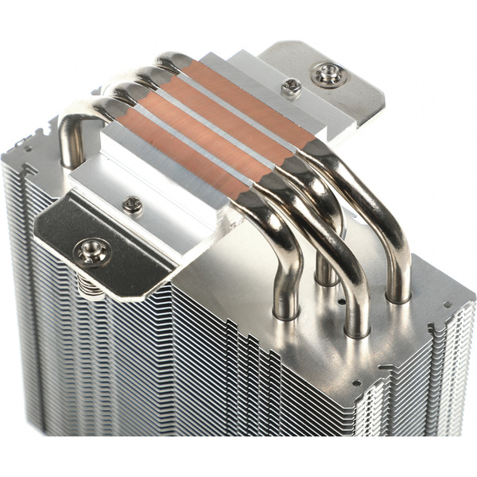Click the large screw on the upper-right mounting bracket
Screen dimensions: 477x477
point(328,75)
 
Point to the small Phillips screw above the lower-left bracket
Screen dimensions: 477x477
point(133,204)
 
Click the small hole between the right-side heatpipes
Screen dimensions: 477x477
point(341,302)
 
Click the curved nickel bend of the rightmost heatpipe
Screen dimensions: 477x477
point(374,199)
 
